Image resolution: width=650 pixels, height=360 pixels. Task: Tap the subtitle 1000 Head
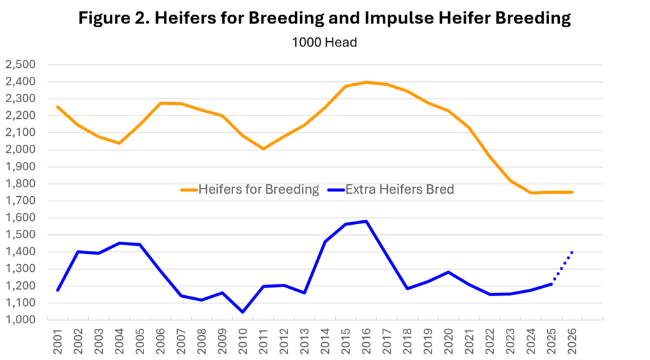tap(324, 43)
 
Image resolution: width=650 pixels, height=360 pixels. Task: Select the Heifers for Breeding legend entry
tap(250, 190)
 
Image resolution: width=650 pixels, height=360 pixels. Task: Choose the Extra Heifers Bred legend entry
tap(391, 190)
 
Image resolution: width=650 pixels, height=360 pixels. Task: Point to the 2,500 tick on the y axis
tap(20, 65)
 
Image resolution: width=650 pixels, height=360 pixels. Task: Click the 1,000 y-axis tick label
tap(20, 320)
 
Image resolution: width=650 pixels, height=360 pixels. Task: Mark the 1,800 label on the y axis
tap(20, 183)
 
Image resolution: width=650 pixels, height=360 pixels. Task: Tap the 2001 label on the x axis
tap(58, 342)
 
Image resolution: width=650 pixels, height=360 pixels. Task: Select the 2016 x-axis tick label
tap(366, 342)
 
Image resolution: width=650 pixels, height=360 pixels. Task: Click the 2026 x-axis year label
tap(572, 342)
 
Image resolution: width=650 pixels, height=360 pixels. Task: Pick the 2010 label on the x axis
tap(243, 342)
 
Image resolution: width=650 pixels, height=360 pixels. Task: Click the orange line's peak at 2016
tap(366, 82)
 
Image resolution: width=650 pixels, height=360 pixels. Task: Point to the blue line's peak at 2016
tap(366, 222)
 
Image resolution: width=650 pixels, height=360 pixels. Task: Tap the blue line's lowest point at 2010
tap(243, 312)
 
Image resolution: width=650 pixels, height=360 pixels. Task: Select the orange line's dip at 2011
tap(263, 149)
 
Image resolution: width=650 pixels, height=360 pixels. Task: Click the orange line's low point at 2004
tap(119, 143)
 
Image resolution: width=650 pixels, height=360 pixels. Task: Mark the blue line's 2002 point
tap(78, 252)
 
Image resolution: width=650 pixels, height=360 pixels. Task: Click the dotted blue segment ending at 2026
tap(562, 269)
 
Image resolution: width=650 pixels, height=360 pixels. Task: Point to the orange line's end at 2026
tap(572, 192)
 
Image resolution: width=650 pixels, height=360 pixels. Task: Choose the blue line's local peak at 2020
tap(449, 272)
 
